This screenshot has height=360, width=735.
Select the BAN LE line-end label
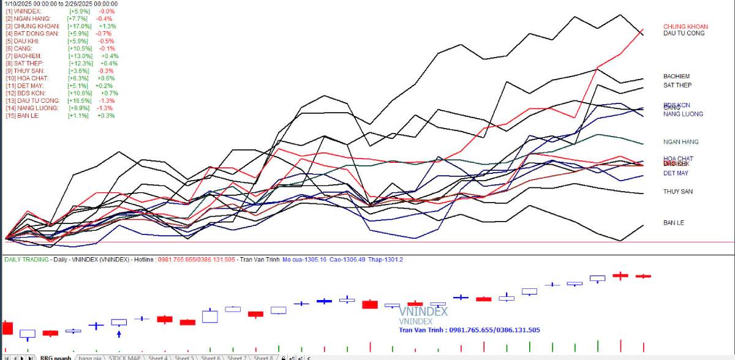click(x=673, y=223)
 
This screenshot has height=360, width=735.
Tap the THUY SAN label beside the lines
click(x=677, y=192)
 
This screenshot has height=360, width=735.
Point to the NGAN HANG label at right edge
click(x=680, y=142)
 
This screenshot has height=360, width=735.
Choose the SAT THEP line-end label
click(x=677, y=85)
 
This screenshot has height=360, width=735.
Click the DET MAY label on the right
click(x=676, y=173)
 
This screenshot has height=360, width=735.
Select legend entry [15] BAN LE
click(x=23, y=115)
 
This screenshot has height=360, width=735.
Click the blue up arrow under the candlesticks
click(x=119, y=333)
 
